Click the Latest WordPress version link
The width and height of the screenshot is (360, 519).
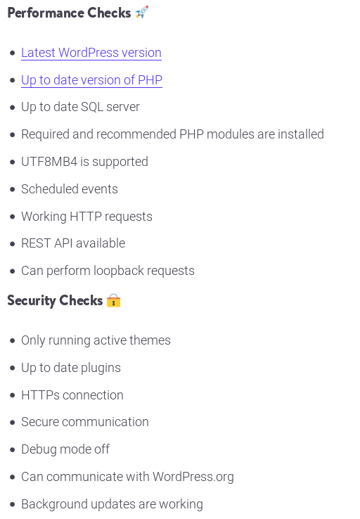click(x=91, y=53)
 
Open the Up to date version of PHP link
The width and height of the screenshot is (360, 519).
click(x=91, y=80)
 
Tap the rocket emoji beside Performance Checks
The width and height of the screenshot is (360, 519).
click(x=142, y=13)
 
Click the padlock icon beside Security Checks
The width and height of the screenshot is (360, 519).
click(x=113, y=300)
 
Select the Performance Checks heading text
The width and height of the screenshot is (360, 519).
click(x=69, y=13)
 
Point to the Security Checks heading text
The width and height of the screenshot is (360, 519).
click(x=55, y=300)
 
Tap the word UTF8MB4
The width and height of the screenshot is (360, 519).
click(x=49, y=162)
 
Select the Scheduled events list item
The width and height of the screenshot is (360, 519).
click(x=70, y=189)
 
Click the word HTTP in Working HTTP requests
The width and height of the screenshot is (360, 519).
click(x=86, y=217)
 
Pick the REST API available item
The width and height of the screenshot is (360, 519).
click(x=73, y=243)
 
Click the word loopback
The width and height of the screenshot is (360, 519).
click(x=118, y=271)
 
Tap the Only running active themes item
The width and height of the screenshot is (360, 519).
click(x=96, y=340)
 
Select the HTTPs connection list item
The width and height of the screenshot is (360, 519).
click(x=72, y=395)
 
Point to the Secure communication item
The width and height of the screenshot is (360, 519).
click(x=85, y=422)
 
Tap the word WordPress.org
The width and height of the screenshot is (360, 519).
click(x=193, y=477)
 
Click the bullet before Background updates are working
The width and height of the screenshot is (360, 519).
click(x=13, y=504)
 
